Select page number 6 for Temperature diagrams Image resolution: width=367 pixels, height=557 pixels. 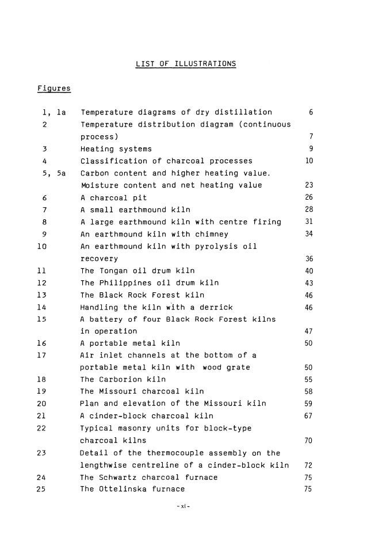(x=311, y=112)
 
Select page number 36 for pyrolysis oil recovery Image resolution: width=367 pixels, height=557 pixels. (x=309, y=259)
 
